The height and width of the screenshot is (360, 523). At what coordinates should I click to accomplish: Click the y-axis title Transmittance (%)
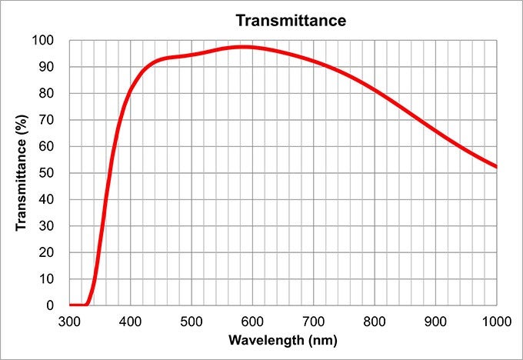point(22,172)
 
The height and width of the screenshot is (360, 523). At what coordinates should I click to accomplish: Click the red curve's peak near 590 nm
point(245,47)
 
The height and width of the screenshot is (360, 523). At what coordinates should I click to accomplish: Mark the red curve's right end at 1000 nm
point(496,167)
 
